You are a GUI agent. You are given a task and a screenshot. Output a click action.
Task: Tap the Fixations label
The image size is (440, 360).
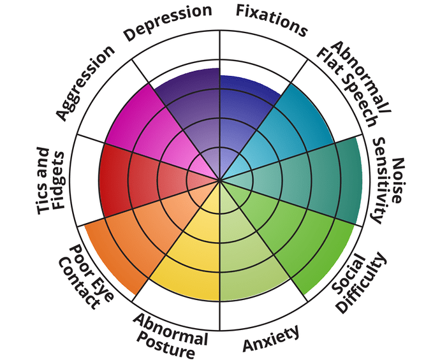tap(272, 19)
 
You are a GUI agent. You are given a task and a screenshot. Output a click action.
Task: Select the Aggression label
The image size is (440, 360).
tap(85, 83)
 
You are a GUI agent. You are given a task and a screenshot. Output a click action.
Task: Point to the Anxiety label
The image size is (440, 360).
tap(270, 338)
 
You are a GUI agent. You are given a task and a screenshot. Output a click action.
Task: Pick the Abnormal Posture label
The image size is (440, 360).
tap(170, 335)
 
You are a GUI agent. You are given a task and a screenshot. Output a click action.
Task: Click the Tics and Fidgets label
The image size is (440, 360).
tap(51, 181)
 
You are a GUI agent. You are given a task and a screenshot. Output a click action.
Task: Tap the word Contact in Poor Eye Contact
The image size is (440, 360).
tap(79, 284)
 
